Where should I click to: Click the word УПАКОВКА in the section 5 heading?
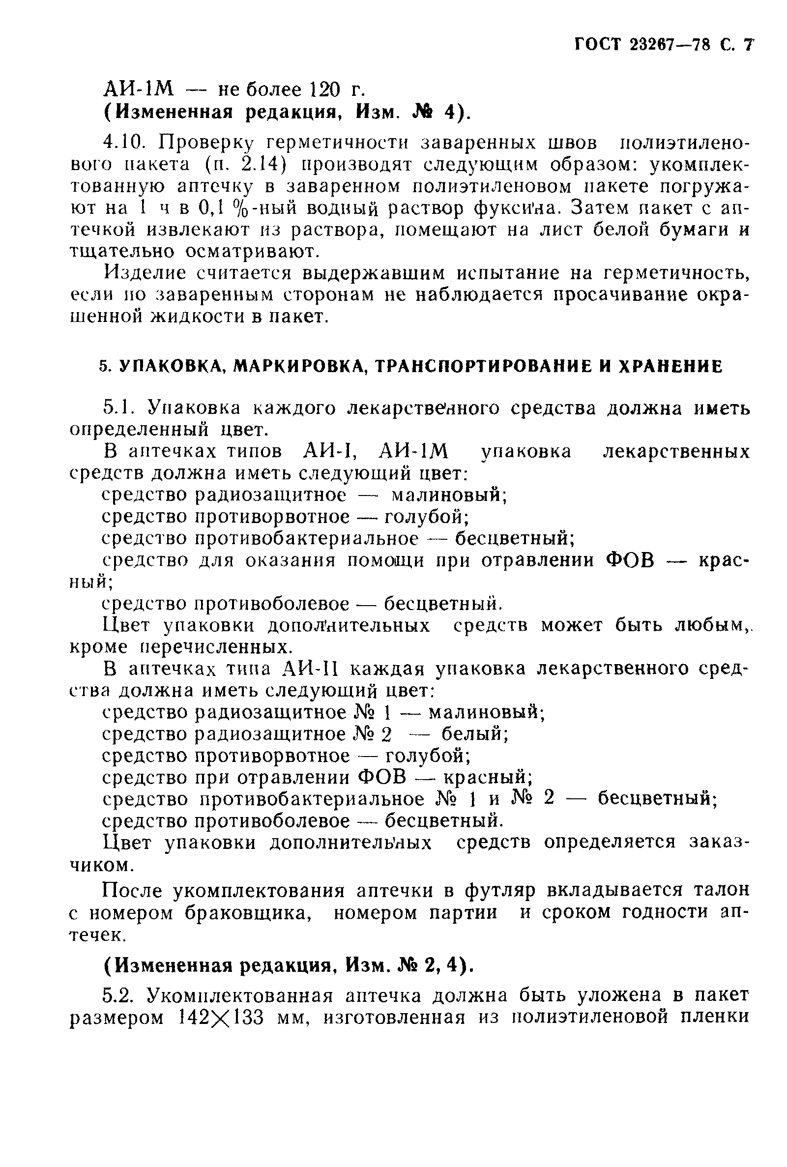point(171,367)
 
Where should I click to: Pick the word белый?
point(474,734)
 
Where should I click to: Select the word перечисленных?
point(216,647)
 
